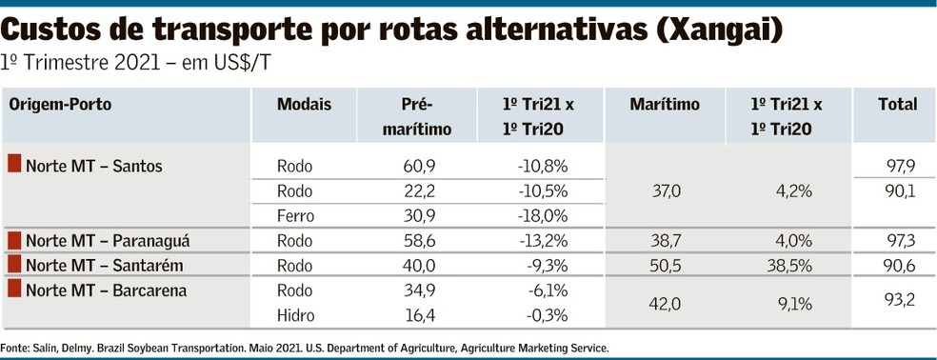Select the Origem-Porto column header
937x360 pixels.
[x=60, y=105]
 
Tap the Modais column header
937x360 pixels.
[x=304, y=105]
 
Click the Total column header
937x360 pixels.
[x=898, y=105]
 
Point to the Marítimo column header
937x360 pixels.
[x=665, y=105]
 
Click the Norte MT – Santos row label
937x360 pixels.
[x=94, y=166]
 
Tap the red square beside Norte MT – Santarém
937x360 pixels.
[x=14, y=264]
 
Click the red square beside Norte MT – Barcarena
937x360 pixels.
[x=14, y=290]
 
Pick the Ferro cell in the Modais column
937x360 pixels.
[x=295, y=216]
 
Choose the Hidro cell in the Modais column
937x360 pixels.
[x=295, y=316]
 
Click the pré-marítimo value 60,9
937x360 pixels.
[x=420, y=166]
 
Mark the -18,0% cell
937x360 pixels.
[x=542, y=216]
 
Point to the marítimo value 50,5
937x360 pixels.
[x=665, y=266]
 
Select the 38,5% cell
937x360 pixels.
[x=790, y=266]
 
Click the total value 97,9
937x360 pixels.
[x=900, y=166]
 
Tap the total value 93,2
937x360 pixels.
[x=900, y=300]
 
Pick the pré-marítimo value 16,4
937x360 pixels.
[x=420, y=316]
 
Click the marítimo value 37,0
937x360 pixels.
[x=665, y=191]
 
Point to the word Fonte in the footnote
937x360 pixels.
[x=11, y=348]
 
